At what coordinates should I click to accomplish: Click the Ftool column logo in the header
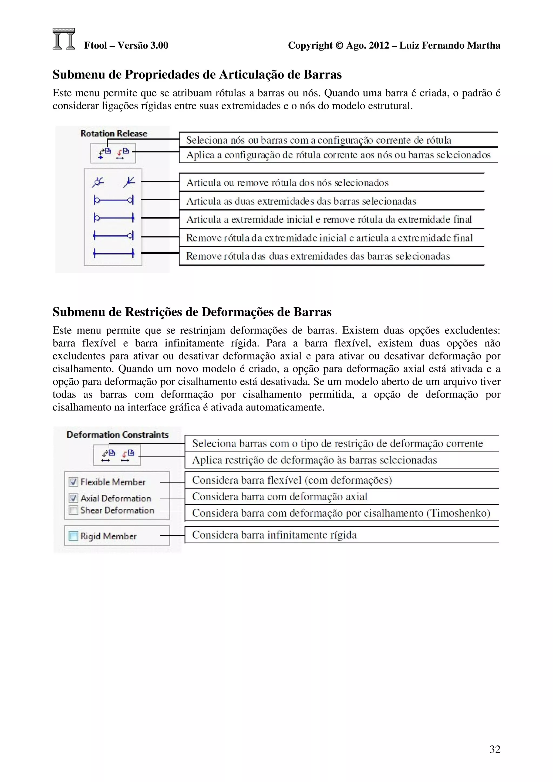[64, 39]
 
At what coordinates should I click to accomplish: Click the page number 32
[495, 749]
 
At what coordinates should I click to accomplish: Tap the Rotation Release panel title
[113, 134]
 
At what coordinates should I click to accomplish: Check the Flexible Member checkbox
[73, 482]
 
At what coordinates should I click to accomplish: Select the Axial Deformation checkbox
[73, 498]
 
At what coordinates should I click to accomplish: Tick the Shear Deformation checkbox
[73, 510]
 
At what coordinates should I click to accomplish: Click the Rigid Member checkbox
[73, 536]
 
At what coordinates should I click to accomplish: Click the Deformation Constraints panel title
[117, 435]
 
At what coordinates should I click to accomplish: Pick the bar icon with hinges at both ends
[113, 200]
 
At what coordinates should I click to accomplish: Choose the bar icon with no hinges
[113, 253]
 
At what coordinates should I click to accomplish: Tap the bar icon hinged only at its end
[113, 235]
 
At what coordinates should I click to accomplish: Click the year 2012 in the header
[379, 45]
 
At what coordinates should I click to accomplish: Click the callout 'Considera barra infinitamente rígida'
[274, 535]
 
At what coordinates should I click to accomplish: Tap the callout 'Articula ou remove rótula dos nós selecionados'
[287, 183]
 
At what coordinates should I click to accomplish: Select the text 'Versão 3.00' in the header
[143, 45]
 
